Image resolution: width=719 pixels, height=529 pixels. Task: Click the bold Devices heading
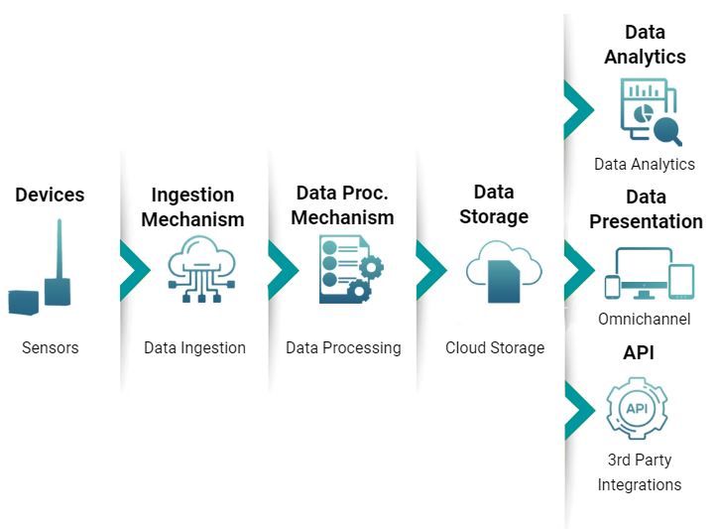point(50,195)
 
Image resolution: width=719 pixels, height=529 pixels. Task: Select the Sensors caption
point(50,347)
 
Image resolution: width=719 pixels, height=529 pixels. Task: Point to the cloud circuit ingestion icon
point(201,268)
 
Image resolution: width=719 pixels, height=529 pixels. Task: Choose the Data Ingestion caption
point(194,347)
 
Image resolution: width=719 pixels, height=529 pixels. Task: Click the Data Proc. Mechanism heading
point(342,204)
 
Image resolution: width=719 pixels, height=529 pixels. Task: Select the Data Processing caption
point(343,347)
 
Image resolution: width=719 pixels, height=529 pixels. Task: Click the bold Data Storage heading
point(494,203)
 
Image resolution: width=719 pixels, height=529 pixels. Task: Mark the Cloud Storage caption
point(495,347)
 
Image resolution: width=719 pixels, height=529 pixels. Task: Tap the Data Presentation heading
point(646,208)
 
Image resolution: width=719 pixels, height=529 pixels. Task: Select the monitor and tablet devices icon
point(649,273)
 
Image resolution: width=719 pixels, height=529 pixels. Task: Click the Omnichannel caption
point(645,320)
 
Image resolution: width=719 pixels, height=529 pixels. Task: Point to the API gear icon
point(636,407)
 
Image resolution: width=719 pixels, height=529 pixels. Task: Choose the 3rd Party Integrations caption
point(639,472)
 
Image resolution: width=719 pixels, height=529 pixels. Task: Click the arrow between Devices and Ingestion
point(133,269)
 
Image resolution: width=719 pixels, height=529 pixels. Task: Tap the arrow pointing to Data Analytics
point(577,110)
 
